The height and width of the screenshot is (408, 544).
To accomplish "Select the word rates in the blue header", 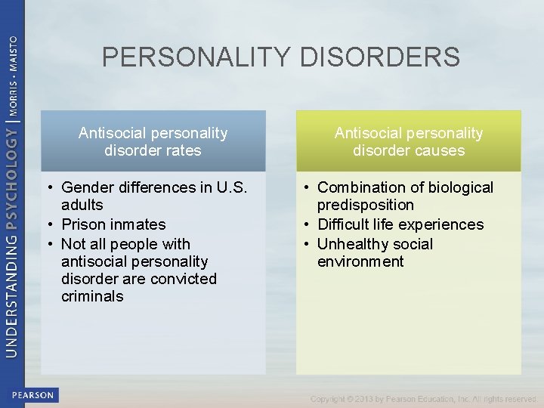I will pos(184,150).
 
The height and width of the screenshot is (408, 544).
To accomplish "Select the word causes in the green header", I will pos(440,150).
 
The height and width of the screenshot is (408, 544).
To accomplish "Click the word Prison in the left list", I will pos(84,224).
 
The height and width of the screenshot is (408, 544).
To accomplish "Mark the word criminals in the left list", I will pos(92,296).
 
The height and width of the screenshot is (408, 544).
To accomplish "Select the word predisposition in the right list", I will pos(366,205).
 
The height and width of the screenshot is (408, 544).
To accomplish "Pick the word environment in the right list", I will pos(360,261).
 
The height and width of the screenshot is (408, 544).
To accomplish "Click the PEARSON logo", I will pos(32,394).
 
